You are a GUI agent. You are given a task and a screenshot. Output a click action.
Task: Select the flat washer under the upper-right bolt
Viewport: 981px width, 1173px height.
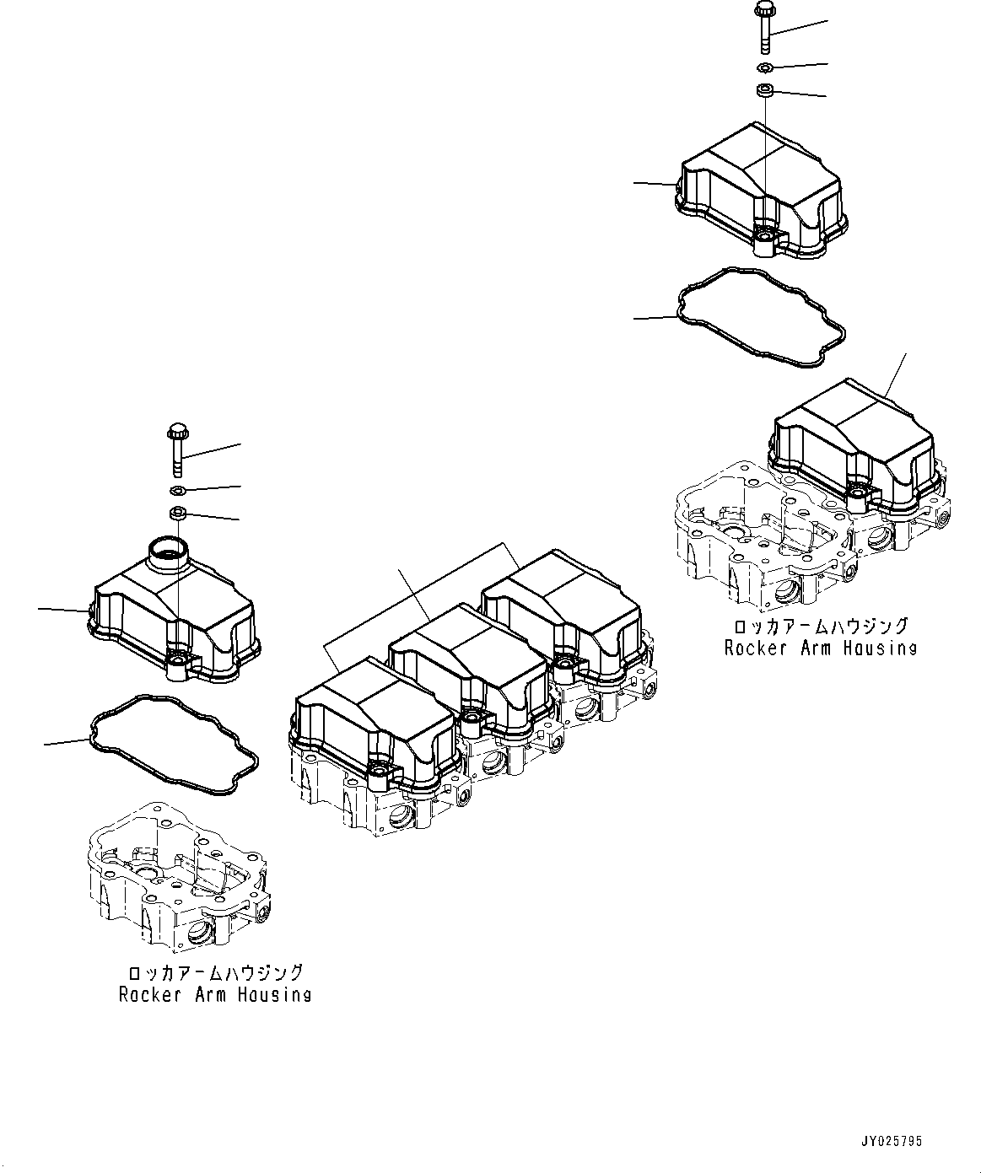[x=764, y=67]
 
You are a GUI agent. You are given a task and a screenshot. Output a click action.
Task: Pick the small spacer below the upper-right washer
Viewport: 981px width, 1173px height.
[x=765, y=90]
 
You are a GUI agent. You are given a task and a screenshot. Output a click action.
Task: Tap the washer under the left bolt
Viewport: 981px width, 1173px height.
[x=178, y=490]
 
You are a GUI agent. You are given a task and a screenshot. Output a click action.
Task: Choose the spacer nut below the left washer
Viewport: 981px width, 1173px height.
[x=178, y=512]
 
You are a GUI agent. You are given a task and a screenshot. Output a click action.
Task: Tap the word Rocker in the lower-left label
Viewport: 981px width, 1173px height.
[x=146, y=994]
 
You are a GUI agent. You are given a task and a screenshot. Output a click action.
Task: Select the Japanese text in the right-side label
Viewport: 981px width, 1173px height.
[x=820, y=626]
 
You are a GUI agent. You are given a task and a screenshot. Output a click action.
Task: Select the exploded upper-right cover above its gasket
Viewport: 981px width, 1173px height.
[x=759, y=190]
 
